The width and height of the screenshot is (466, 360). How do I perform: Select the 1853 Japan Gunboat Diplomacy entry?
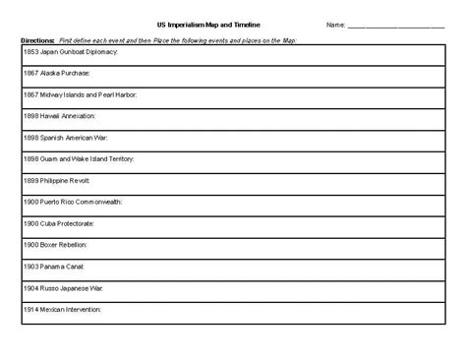pos(70,50)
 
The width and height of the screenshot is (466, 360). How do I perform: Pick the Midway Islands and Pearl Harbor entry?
pos(80,93)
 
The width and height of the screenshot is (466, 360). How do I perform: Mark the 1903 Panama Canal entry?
pos(55,265)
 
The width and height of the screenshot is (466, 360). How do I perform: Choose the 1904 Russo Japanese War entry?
pos(66,286)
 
